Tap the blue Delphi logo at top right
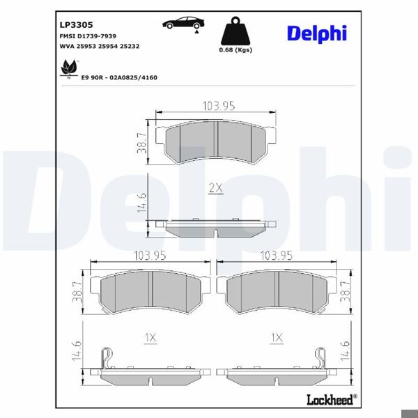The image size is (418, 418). click(x=316, y=33)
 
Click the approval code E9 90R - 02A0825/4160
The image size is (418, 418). click(x=119, y=77)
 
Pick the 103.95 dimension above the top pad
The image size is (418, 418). click(x=218, y=106)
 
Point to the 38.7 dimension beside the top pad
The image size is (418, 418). click(x=142, y=142)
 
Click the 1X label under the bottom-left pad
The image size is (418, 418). click(x=150, y=338)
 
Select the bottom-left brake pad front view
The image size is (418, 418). click(x=152, y=292)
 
